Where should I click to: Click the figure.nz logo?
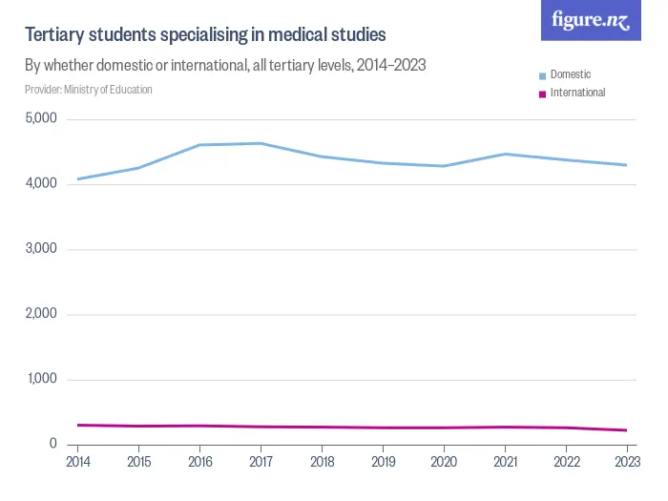pos(591,21)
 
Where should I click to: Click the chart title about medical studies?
pos(205,35)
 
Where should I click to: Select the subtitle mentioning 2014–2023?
pos(224,66)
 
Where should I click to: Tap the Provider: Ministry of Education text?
pos(89,90)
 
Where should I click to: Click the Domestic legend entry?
pos(571,74)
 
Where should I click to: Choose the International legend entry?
pos(577,93)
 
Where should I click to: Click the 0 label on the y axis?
pos(53,444)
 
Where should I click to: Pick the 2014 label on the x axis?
pos(78,462)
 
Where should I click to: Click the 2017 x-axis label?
pos(261,462)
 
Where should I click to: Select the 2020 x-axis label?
pos(444,462)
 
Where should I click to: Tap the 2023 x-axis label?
pos(626,462)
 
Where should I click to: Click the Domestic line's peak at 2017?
pos(261,143)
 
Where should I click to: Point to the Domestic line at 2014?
pos(78,178)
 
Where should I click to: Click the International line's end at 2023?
pos(626,430)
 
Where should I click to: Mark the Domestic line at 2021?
pos(505,154)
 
